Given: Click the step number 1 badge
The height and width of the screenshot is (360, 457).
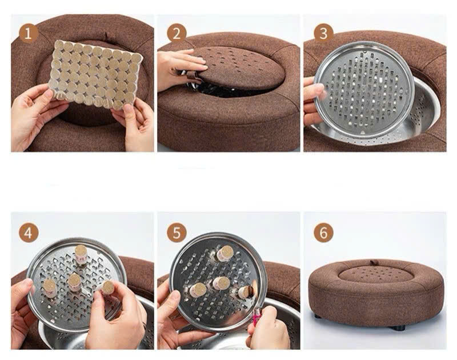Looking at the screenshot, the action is (x=29, y=34).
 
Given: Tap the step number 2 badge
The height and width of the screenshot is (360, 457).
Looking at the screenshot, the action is (x=177, y=34).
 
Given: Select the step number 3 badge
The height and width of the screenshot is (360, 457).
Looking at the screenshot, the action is (x=323, y=34).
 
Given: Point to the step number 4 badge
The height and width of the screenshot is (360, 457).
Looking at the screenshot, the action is (x=29, y=233).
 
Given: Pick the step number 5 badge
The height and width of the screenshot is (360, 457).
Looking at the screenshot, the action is (x=177, y=233).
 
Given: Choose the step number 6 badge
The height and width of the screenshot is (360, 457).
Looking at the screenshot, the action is (x=323, y=233).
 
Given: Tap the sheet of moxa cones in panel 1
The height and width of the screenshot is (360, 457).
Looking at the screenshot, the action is (x=95, y=74).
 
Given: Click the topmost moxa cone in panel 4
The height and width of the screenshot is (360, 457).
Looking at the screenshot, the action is (x=81, y=254).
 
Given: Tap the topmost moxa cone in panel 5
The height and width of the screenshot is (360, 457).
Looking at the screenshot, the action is (x=225, y=253).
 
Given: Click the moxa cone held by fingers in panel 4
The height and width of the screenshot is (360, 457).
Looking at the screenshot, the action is (x=107, y=287).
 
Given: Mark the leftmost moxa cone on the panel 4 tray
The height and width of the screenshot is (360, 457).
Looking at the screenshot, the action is (x=50, y=289).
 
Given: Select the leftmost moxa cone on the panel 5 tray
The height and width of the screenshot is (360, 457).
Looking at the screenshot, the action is (x=197, y=290).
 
